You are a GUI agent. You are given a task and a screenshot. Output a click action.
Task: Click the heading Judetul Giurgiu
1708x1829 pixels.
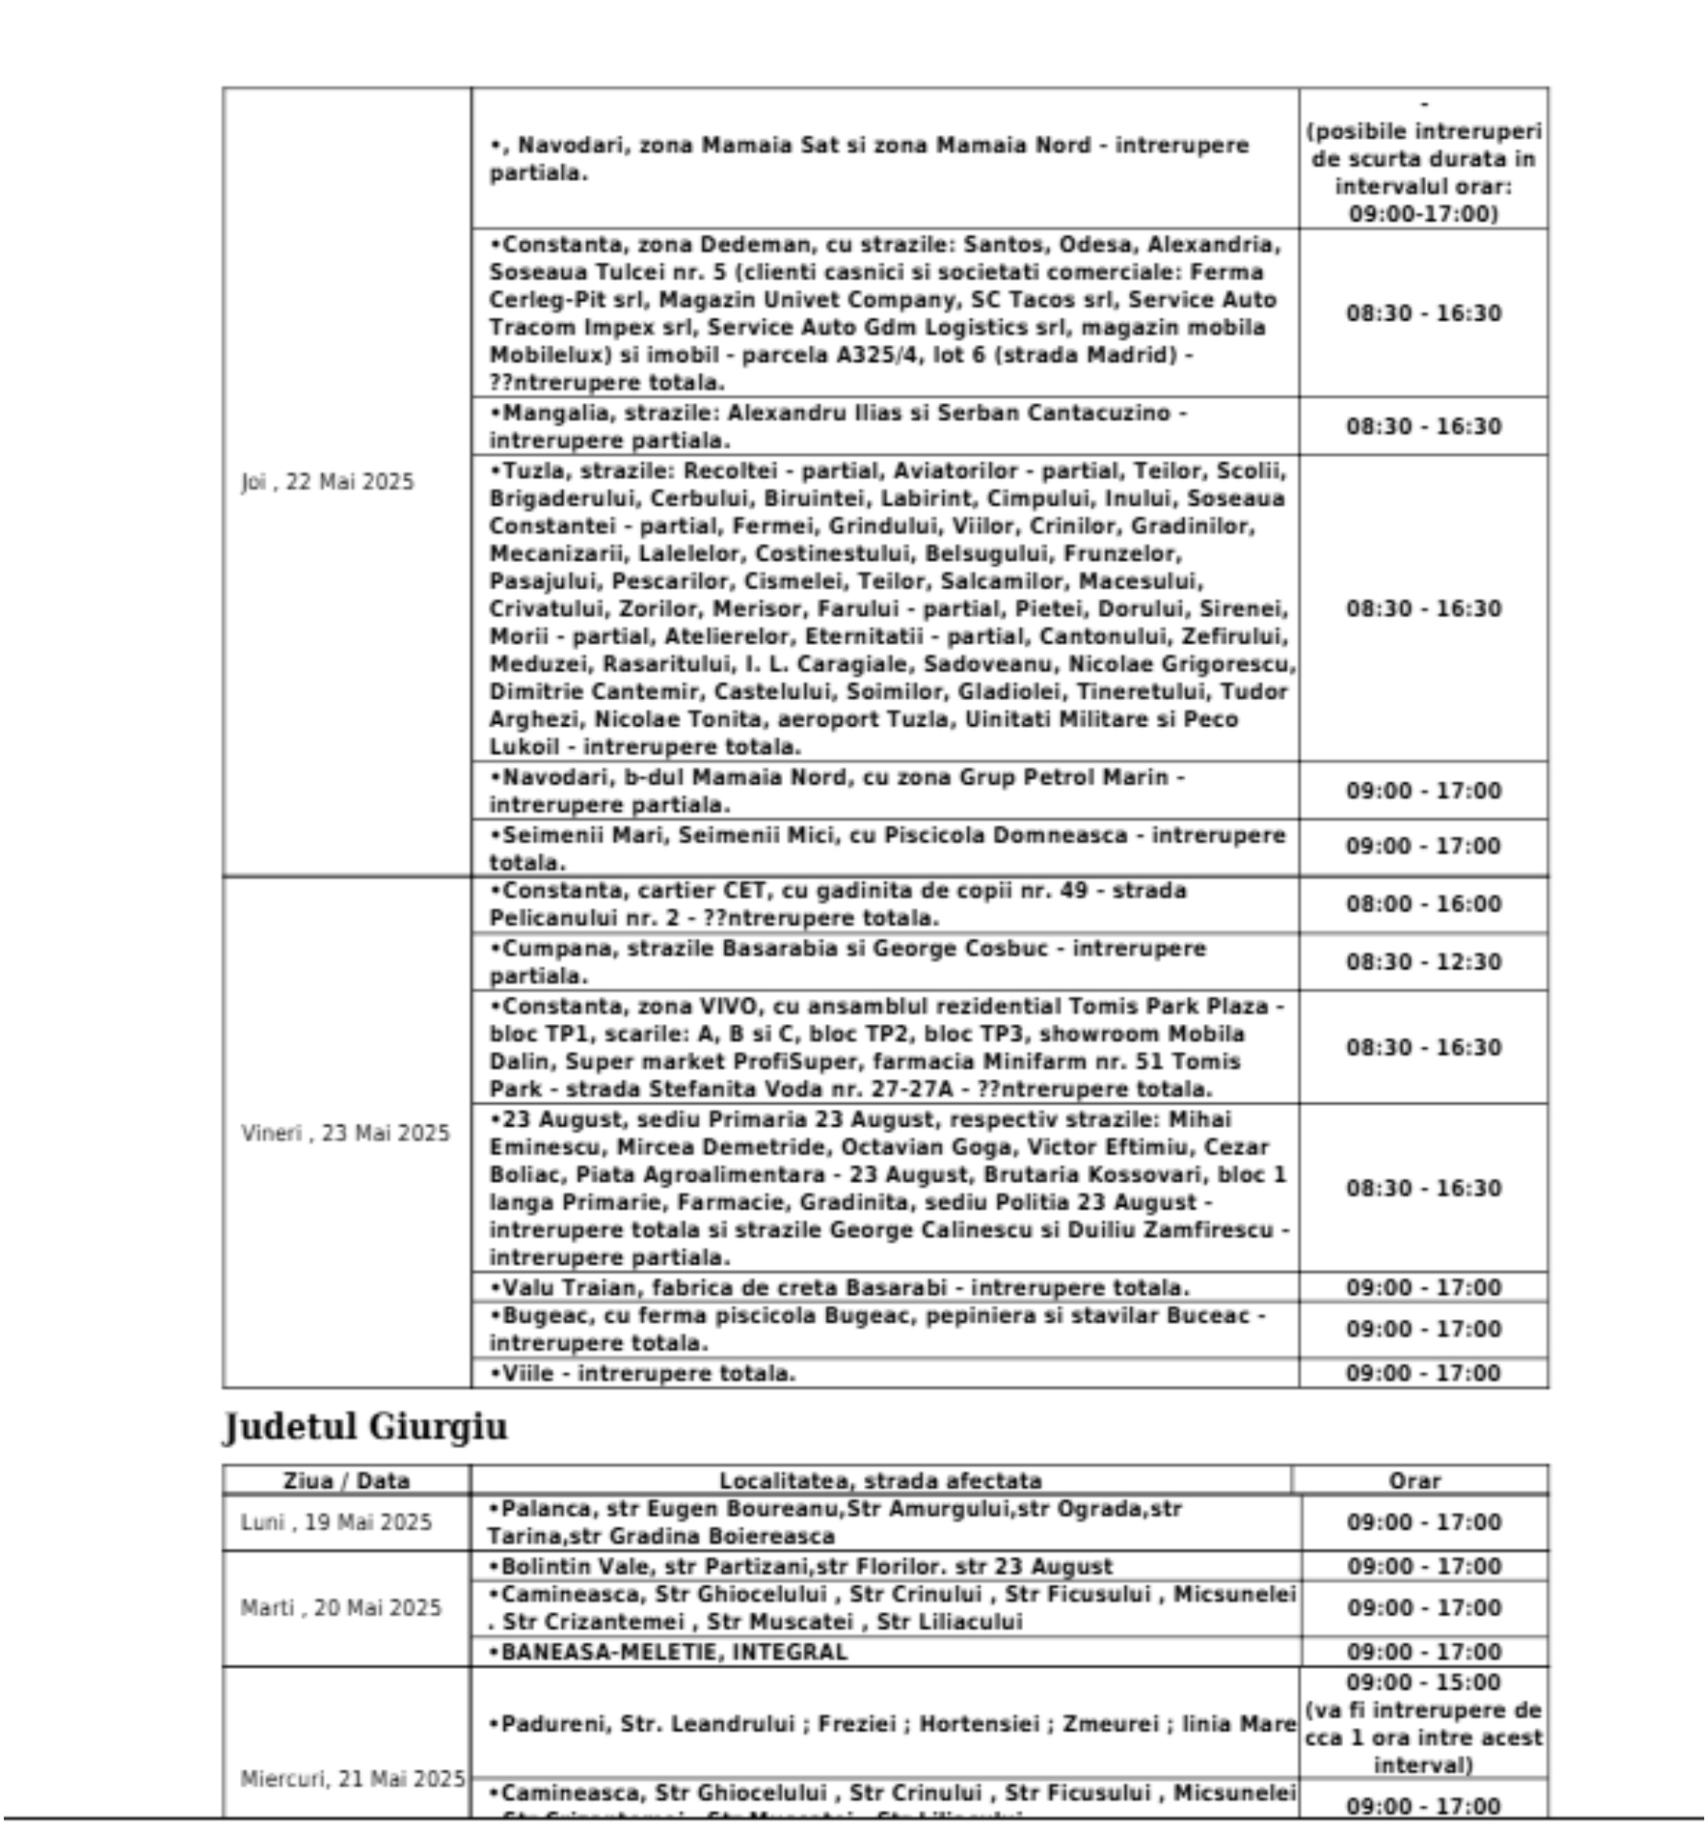[365, 1427]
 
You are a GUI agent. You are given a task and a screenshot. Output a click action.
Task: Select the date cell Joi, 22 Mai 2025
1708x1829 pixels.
[328, 482]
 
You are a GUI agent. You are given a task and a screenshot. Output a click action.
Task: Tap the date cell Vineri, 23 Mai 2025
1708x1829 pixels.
[345, 1133]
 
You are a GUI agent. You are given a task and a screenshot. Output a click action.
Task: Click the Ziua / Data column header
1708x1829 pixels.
[346, 1480]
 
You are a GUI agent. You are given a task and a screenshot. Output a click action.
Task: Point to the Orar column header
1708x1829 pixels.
[1415, 1480]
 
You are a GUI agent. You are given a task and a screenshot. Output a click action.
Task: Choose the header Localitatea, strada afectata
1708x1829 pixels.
[880, 1480]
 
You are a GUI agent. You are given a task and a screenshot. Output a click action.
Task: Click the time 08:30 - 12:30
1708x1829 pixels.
[1423, 961]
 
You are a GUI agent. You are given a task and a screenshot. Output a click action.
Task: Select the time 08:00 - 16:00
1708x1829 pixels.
[1423, 903]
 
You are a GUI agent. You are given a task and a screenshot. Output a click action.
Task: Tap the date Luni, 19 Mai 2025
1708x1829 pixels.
[336, 1522]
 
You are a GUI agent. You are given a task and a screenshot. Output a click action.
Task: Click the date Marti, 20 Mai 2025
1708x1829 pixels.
[341, 1608]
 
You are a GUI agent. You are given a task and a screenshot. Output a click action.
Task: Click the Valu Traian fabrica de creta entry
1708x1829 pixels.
[839, 1287]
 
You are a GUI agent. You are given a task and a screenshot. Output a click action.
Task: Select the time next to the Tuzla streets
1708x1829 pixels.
[1423, 609]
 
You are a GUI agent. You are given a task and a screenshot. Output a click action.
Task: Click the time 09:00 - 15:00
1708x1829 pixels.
[1423, 1682]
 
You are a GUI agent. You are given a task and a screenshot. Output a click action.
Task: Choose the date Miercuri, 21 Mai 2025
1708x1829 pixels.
[352, 1779]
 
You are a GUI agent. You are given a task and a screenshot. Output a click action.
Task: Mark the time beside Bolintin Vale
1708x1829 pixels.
[1423, 1566]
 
